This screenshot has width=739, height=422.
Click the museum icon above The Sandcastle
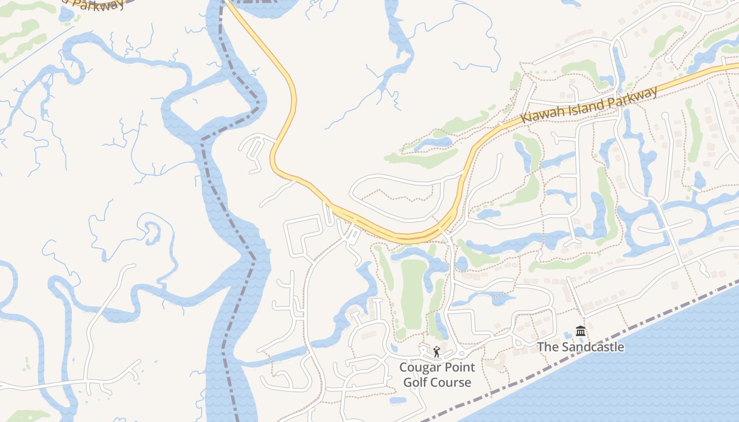(581, 331)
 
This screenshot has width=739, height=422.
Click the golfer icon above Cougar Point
(437, 352)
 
